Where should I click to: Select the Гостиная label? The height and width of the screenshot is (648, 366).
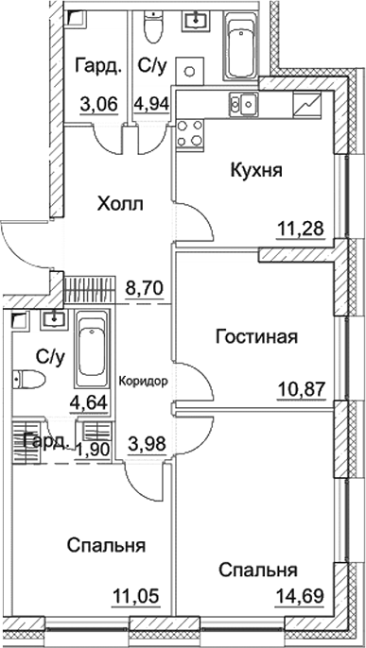coord(257,337)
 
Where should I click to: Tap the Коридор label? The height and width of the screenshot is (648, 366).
coord(145,382)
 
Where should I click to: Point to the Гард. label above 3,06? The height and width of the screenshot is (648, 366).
coord(95,67)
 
